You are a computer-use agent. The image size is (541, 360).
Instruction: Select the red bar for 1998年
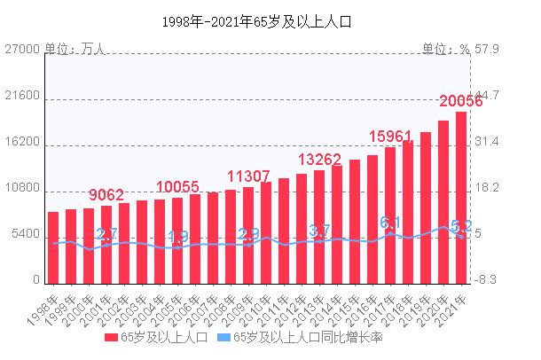[53, 247]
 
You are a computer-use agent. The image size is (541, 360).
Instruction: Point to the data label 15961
[390, 137]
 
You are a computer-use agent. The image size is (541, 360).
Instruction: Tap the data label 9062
[106, 195]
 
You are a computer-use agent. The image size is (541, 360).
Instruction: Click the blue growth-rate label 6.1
[390, 222]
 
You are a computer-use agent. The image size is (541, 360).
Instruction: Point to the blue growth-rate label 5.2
[461, 226]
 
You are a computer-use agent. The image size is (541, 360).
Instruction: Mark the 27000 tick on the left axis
[24, 50]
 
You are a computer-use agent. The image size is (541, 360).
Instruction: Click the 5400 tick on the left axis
[27, 235]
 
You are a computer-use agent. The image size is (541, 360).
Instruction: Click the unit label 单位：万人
[74, 50]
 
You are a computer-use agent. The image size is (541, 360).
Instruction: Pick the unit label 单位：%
[445, 50]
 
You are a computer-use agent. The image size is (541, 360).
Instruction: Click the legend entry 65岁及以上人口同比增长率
[299, 338]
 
